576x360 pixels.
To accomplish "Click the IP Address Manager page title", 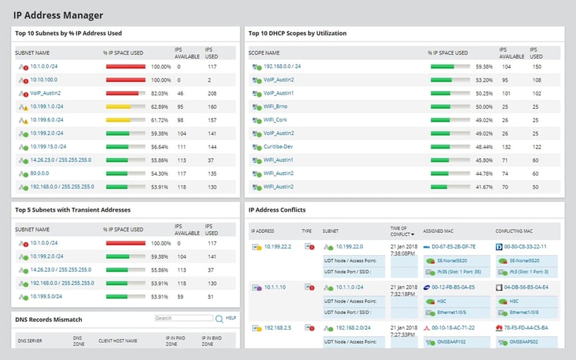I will pyautogui.click(x=58, y=15).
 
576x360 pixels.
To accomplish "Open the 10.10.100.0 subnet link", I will pyautogui.click(x=45, y=80).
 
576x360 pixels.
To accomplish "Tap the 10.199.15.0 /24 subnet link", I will pyautogui.click(x=48, y=147).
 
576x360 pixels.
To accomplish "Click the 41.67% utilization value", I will pyautogui.click(x=484, y=187).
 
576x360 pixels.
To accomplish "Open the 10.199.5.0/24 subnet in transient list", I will pyautogui.click(x=46, y=296).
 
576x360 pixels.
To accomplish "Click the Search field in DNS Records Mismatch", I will pyautogui.click(x=183, y=318).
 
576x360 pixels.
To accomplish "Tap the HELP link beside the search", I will pyautogui.click(x=231, y=318).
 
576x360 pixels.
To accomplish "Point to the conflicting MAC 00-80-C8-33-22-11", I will pyautogui.click(x=524, y=247).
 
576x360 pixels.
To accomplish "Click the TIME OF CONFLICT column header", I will pyautogui.click(x=402, y=231).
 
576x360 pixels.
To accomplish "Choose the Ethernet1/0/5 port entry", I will pyautogui.click(x=450, y=311).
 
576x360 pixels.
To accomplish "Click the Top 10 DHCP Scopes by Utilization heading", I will pyautogui.click(x=297, y=33).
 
